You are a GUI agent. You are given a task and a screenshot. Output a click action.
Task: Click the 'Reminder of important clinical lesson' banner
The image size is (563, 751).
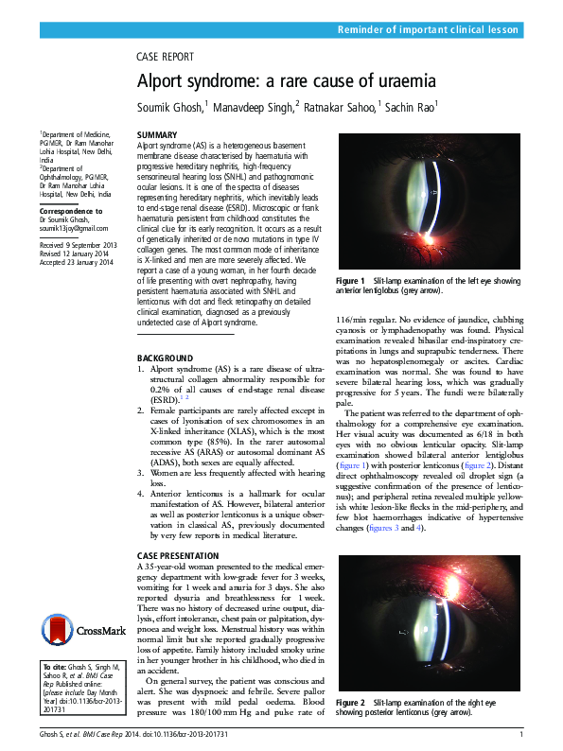click(x=429, y=30)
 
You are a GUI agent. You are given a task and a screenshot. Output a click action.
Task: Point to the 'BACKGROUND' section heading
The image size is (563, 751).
click(x=166, y=358)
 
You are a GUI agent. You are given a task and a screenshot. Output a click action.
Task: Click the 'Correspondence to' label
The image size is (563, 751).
click(x=71, y=210)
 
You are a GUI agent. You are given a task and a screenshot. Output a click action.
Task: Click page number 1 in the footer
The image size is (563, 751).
click(x=520, y=735)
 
